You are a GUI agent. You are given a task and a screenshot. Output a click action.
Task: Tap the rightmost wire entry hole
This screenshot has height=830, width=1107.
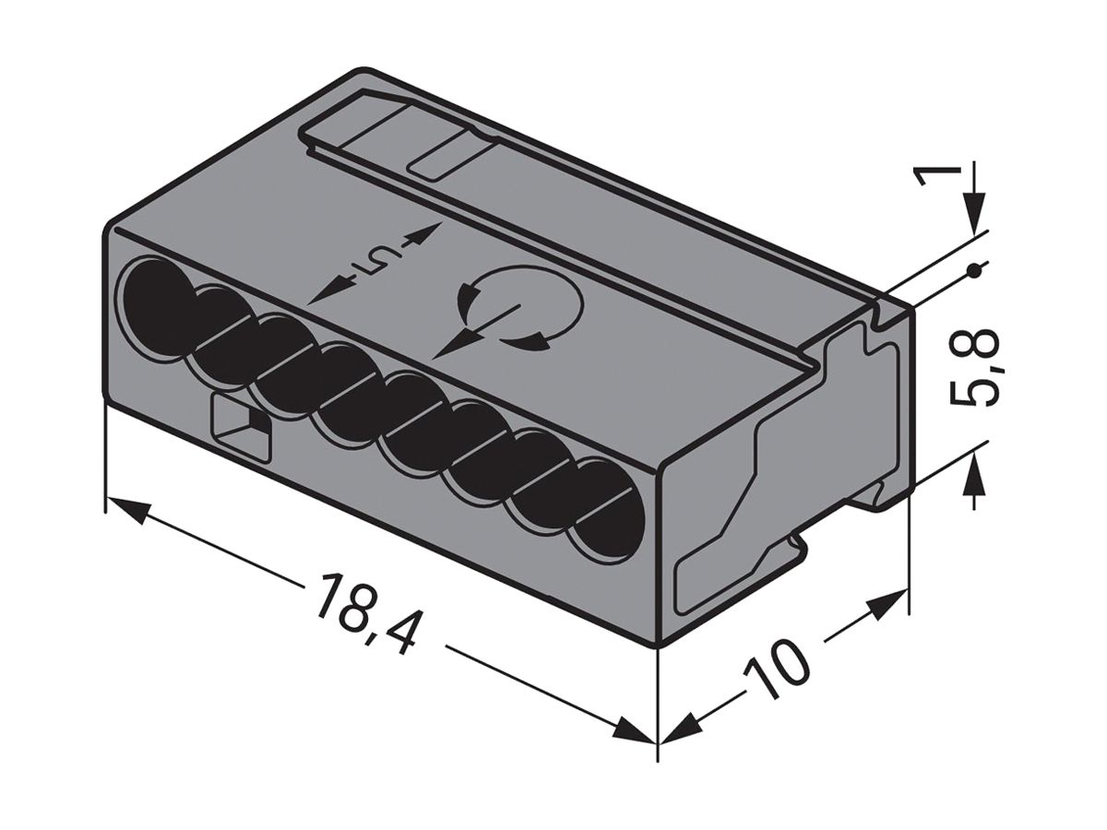(603, 506)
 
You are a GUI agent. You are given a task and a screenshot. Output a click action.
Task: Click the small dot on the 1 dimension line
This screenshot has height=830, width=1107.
(975, 270)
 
